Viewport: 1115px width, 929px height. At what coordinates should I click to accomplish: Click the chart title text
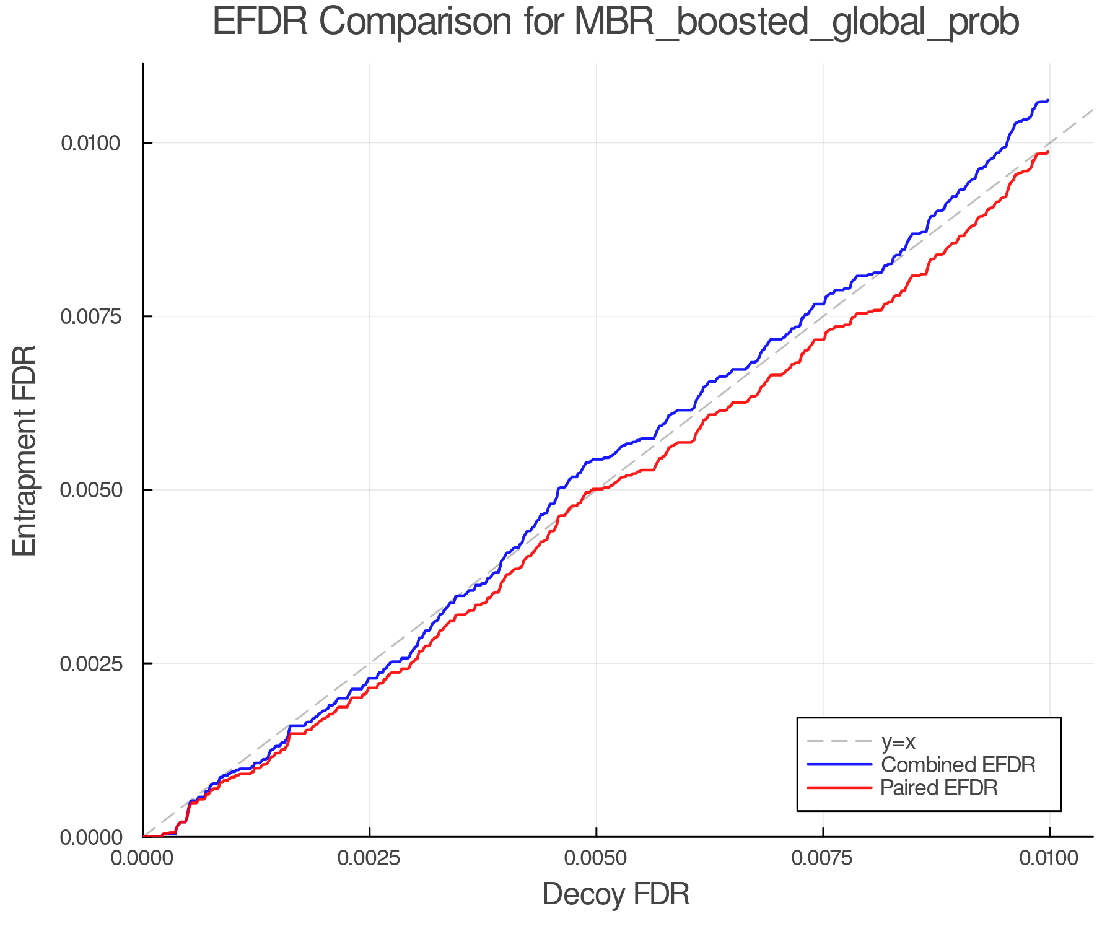pos(616,22)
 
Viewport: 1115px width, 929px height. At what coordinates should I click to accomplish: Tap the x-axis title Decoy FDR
pos(616,894)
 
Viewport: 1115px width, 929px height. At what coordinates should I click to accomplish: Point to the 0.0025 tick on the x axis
pos(369,858)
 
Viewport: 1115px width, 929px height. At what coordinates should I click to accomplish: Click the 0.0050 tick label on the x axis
pos(596,858)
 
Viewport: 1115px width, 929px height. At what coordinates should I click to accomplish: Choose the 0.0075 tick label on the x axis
pos(823,858)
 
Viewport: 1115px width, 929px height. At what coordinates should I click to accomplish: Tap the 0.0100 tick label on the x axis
pos(1049,858)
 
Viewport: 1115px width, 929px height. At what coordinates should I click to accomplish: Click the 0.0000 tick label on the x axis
pos(142,858)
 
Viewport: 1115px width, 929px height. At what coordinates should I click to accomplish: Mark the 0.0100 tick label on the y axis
pos(90,143)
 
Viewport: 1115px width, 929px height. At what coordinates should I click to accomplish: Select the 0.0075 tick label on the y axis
pos(90,316)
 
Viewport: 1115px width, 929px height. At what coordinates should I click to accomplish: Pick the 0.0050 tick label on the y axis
pos(90,490)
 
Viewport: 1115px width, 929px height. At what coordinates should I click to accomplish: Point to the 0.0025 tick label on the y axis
pos(90,663)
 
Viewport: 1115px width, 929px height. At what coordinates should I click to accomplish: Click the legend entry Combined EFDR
pos(958,765)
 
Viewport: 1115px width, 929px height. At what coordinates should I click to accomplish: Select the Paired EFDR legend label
pos(939,788)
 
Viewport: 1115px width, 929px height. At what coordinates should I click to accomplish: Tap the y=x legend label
pos(898,741)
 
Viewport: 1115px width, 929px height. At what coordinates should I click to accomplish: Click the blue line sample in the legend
pos(840,765)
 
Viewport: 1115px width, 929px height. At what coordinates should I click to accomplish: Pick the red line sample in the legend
pos(840,788)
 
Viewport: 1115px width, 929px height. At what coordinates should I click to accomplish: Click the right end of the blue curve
pos(1047,100)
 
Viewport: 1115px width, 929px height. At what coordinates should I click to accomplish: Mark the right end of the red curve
pos(1047,152)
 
